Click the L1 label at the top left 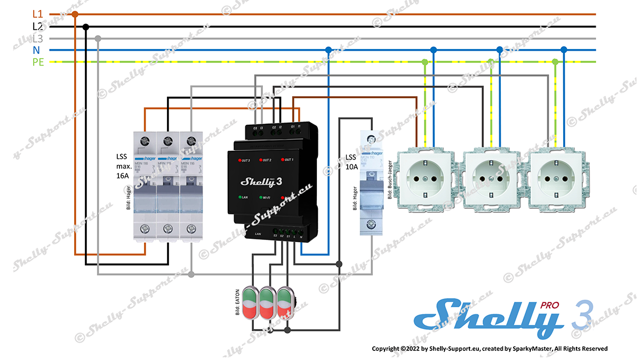coord(38,14)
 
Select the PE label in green coord(38,62)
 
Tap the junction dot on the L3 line coord(98,38)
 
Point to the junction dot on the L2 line coord(86,26)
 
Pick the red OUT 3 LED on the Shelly coord(238,159)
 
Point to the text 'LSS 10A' coord(350,162)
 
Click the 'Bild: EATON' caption coord(237,303)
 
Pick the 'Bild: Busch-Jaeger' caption coord(390,179)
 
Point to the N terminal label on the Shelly coord(301,236)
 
